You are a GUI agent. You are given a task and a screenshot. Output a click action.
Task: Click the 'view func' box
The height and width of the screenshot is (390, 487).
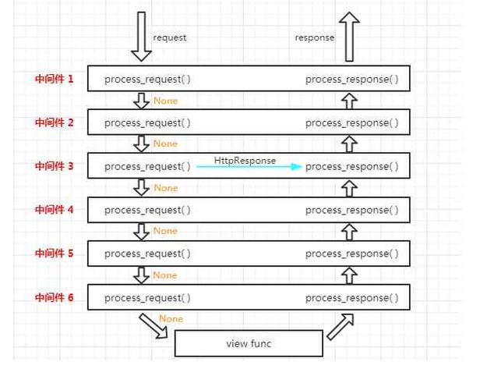pos(248,343)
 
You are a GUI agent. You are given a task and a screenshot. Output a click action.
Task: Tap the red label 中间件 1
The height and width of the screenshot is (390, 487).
pos(55,79)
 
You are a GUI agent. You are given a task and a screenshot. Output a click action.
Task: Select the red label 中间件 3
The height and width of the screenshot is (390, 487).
pos(55,166)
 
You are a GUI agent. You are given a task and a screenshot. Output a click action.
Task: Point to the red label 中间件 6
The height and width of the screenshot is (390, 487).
pos(55,297)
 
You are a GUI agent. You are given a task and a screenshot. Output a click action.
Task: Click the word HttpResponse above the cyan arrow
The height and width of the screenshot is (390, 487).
pos(245,160)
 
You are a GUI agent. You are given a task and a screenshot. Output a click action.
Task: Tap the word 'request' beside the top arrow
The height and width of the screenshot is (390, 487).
pos(170,37)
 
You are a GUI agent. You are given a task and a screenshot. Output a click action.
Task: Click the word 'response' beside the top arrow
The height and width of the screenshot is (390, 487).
pos(314,37)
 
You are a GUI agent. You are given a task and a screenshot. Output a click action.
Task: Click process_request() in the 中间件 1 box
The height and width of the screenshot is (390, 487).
pos(147,80)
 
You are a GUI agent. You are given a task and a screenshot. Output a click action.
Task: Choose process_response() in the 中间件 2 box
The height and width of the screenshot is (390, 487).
pos(351,122)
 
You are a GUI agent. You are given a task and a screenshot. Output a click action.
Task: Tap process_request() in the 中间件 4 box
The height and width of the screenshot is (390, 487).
pos(147,210)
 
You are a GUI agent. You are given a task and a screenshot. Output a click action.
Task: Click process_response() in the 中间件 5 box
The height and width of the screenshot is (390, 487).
pos(351,253)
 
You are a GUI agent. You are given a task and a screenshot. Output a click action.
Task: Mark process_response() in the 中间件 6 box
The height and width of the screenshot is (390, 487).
pos(351,297)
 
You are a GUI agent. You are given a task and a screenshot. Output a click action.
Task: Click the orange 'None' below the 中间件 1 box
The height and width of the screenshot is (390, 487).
pos(165,101)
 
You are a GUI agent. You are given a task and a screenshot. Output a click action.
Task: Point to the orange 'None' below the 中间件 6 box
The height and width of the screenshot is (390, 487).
pos(171,318)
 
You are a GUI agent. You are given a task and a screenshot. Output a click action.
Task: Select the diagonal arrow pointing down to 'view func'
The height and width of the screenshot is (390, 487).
pos(154,326)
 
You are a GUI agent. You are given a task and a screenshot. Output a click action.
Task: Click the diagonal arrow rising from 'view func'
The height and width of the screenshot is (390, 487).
pos(341,326)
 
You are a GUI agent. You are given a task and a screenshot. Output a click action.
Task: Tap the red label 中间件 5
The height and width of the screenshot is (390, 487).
pos(55,253)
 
